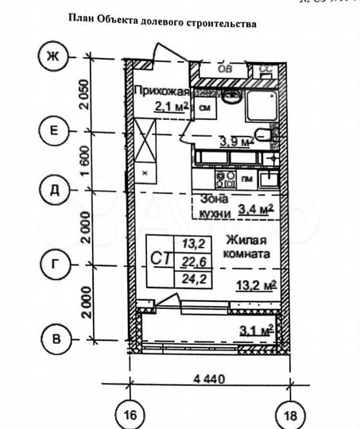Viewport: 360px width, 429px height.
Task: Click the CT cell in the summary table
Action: pos(159,258)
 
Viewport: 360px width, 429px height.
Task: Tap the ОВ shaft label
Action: pos(226,69)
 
